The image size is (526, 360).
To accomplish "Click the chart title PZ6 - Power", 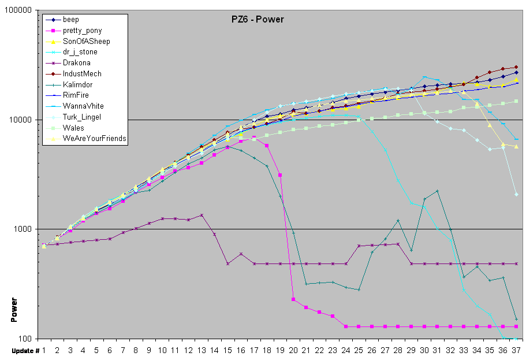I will click(x=254, y=20).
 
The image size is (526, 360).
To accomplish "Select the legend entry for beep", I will click(x=71, y=20).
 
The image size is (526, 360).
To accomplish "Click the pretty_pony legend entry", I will click(x=83, y=31).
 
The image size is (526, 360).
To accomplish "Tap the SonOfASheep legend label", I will click(x=86, y=42).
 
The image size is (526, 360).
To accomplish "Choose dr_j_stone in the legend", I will click(x=80, y=52).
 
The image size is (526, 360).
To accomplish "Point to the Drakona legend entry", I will click(x=76, y=63).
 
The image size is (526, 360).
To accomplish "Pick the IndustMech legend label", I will click(x=82, y=74).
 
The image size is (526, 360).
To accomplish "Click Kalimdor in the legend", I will click(x=77, y=85).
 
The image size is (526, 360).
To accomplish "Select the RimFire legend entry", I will click(x=76, y=95).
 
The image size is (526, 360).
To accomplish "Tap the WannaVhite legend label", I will click(x=83, y=106).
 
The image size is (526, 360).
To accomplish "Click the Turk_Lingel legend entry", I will click(x=82, y=117).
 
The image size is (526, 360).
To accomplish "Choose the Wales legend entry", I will click(x=73, y=128).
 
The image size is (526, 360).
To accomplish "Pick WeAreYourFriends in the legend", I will click(x=94, y=139).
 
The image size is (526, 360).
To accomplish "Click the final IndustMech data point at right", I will click(x=516, y=67).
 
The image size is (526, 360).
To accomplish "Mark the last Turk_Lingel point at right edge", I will click(x=516, y=194).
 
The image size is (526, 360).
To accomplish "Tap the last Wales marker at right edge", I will click(x=516, y=102).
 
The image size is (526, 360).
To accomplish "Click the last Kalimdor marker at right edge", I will click(x=516, y=319).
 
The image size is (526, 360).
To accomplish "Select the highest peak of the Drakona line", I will click(x=202, y=215).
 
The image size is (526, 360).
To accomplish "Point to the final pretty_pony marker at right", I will click(x=516, y=326).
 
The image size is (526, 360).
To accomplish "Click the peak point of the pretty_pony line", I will click(x=253, y=138).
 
